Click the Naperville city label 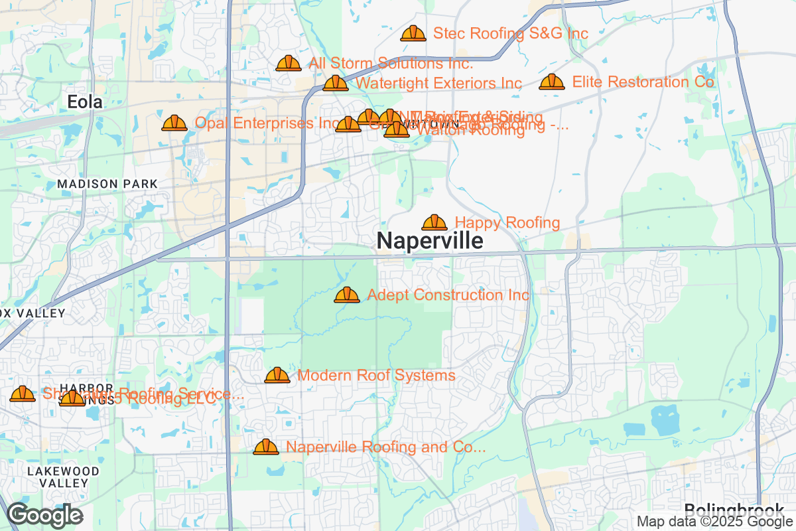(430, 241)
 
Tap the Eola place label (85, 102)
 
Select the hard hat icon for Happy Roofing (434, 222)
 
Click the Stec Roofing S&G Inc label (510, 33)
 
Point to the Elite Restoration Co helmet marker (551, 82)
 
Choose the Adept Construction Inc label (448, 295)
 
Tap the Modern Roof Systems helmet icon (277, 376)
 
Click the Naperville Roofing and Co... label (385, 447)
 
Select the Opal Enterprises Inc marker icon (174, 123)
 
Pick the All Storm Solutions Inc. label (391, 64)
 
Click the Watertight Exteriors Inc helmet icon (336, 83)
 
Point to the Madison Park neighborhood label (107, 183)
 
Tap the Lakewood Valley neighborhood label (64, 477)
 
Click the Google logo (45, 515)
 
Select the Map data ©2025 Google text (716, 521)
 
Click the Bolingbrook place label (734, 510)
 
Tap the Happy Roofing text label (507, 223)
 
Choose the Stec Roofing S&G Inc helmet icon (413, 33)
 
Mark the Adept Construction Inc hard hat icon (347, 295)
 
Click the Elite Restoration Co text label (643, 82)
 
